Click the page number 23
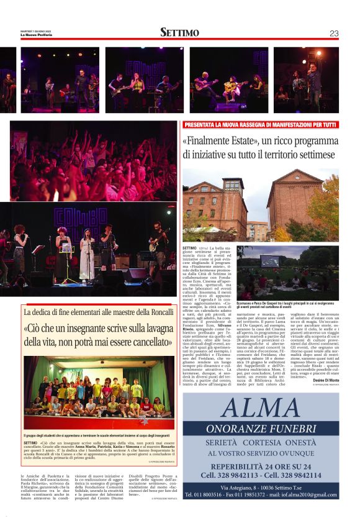click(334, 34)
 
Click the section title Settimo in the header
click(179, 32)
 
